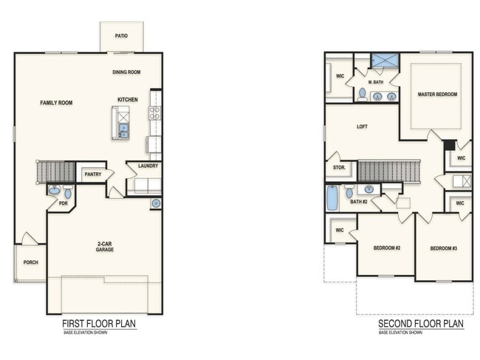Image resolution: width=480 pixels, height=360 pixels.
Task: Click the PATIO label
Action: pos(122,35)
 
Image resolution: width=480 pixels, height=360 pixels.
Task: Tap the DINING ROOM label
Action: pos(126,72)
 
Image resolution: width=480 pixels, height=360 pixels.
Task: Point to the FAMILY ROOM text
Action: pos(56,103)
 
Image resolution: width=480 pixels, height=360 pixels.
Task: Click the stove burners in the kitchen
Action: pos(155,113)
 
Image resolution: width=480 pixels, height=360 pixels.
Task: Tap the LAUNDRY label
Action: pos(144,166)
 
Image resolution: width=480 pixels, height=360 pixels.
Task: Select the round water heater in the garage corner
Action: pos(156,203)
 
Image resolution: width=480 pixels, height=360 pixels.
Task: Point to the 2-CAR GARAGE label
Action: pos(104,246)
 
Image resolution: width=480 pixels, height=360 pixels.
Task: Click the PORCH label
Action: pos(30,262)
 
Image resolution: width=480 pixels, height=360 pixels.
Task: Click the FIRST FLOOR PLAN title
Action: pos(98,324)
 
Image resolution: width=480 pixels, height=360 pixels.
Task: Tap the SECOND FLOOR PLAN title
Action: pos(421,324)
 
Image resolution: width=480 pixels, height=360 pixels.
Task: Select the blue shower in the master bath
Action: pos(384,61)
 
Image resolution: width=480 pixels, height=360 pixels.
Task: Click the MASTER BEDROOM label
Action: pos(437,95)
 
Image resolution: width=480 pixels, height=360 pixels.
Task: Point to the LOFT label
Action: pos(362,126)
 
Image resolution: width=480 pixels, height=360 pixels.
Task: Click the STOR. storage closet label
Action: pos(339,169)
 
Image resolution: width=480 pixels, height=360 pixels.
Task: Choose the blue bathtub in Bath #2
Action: pos(332,197)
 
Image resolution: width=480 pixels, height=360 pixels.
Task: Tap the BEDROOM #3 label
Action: pos(444,248)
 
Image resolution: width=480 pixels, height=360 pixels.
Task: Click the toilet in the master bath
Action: pos(362,94)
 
